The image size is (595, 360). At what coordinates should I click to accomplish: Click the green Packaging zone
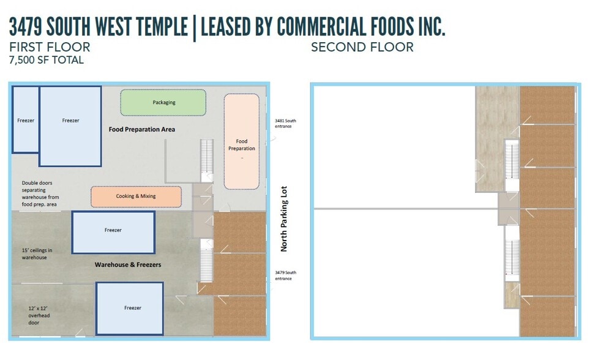pos(163,102)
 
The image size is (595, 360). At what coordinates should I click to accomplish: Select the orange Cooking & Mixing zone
pos(136,197)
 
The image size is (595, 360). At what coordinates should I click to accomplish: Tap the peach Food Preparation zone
pos(242,141)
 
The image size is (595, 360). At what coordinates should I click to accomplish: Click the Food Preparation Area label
pos(142,129)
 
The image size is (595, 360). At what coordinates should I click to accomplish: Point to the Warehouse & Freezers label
pos(128,264)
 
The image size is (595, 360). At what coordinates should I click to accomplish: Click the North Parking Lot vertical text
pos(283,219)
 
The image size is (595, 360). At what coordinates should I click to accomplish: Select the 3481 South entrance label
pos(285,124)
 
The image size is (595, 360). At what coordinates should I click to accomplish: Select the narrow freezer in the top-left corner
pos(26,120)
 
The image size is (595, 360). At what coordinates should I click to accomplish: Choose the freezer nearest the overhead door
pos(129,309)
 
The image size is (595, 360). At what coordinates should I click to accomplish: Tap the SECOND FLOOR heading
pos(362,47)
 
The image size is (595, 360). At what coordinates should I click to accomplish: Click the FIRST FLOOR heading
pos(50,47)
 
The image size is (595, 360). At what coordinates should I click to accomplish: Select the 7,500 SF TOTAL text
pos(47,60)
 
